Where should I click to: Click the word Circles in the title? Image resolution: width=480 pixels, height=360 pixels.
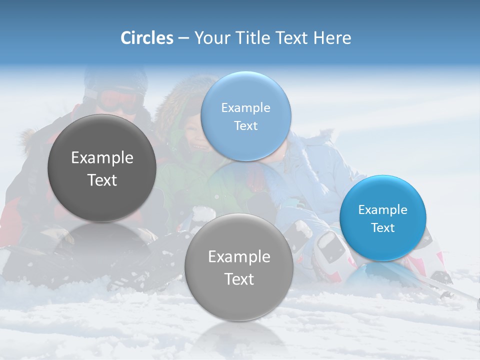[146, 38]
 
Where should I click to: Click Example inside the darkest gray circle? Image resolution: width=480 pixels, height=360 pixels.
[102, 158]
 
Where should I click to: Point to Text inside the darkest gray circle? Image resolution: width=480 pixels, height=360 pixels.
[102, 180]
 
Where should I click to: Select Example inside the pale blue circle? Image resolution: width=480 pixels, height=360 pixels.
[245, 107]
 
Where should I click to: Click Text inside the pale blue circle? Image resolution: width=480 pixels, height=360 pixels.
[245, 125]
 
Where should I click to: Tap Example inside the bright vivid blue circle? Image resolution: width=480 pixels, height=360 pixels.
[382, 209]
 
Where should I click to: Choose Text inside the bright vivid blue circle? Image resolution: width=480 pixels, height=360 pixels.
[383, 227]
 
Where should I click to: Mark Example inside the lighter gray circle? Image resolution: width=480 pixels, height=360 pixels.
[239, 256]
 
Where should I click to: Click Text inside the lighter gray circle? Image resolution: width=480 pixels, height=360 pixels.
[239, 279]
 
